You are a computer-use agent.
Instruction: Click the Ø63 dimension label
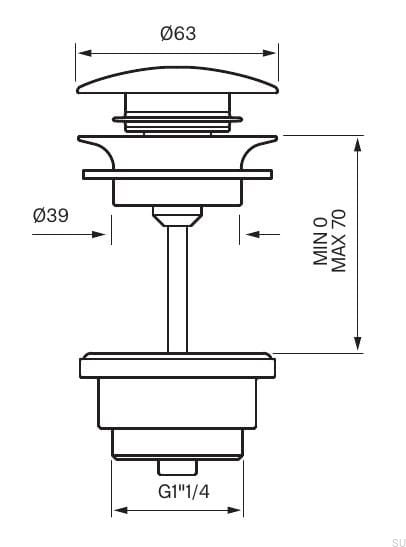177,33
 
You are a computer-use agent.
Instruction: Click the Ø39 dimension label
50,215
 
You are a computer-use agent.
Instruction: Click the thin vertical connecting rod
177,290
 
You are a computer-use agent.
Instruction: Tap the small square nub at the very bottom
177,466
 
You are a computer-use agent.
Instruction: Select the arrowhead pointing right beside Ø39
100,235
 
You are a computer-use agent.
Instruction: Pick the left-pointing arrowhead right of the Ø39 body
250,235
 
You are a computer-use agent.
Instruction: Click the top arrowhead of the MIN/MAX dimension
358,141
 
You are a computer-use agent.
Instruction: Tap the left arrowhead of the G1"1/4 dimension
118,511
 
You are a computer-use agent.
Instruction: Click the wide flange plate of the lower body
177,364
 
